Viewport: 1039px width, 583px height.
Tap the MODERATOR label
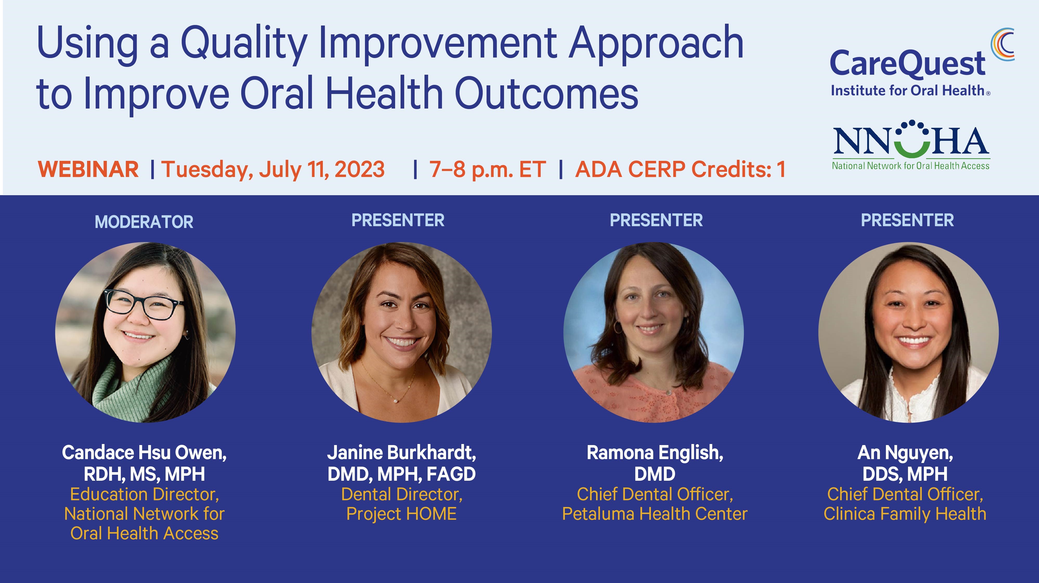144,222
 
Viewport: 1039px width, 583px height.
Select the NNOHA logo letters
911,141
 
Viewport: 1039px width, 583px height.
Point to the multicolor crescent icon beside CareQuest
1003,45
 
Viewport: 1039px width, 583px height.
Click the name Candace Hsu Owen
144,453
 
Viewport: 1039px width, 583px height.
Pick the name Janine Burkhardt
401,453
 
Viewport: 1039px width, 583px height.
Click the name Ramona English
655,453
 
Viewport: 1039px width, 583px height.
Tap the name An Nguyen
905,453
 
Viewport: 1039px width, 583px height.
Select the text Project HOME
401,514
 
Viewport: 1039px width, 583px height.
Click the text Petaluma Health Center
655,514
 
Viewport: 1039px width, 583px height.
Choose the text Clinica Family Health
905,514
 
